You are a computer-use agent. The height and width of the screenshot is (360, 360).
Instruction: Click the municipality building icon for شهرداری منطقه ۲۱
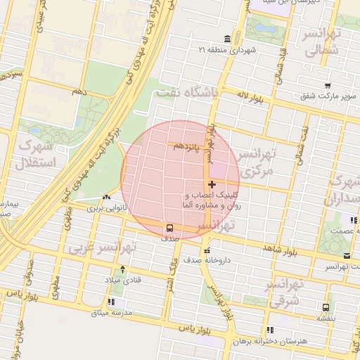click(226, 39)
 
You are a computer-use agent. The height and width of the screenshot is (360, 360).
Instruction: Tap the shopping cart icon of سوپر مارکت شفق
click(328, 86)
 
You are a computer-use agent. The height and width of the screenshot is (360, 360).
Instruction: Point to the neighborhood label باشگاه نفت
click(188, 92)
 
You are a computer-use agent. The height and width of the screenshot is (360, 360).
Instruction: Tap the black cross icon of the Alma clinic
click(212, 184)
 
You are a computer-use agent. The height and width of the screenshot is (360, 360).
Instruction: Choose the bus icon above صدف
click(169, 228)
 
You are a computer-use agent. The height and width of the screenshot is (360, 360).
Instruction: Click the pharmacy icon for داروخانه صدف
click(205, 251)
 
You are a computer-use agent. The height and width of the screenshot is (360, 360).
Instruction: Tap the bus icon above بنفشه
click(325, 307)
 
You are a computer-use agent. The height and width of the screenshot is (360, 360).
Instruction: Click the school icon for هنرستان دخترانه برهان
click(270, 330)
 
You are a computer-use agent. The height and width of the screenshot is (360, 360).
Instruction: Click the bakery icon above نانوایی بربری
click(105, 198)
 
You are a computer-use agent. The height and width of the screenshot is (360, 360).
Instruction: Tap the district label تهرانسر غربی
click(101, 248)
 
